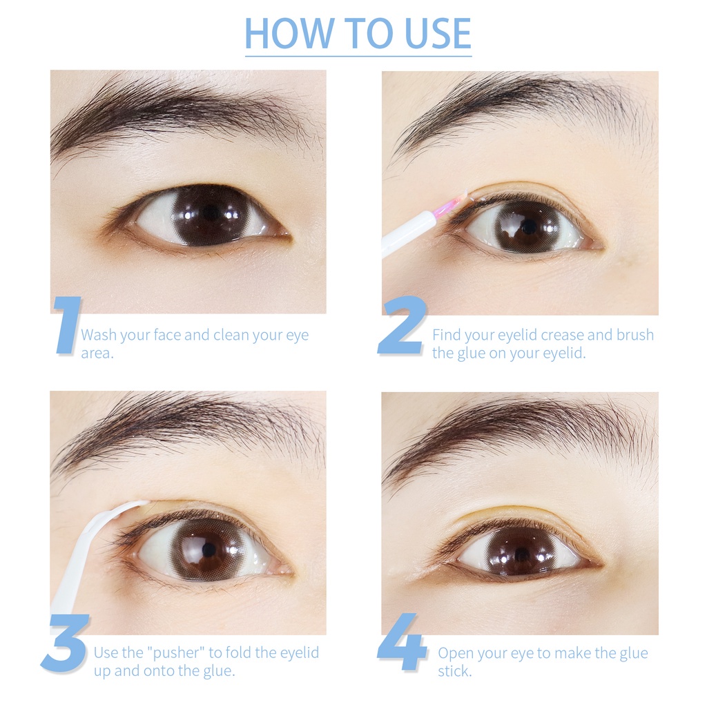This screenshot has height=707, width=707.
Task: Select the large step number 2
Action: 400,325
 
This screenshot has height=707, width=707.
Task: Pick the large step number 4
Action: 402,643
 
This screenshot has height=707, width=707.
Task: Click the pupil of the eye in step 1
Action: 211,213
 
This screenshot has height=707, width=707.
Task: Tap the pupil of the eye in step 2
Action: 528,226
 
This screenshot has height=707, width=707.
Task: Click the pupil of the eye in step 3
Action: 208,550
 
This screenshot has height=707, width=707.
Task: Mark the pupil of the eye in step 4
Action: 522,553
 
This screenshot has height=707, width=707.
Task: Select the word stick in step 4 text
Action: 454,671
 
